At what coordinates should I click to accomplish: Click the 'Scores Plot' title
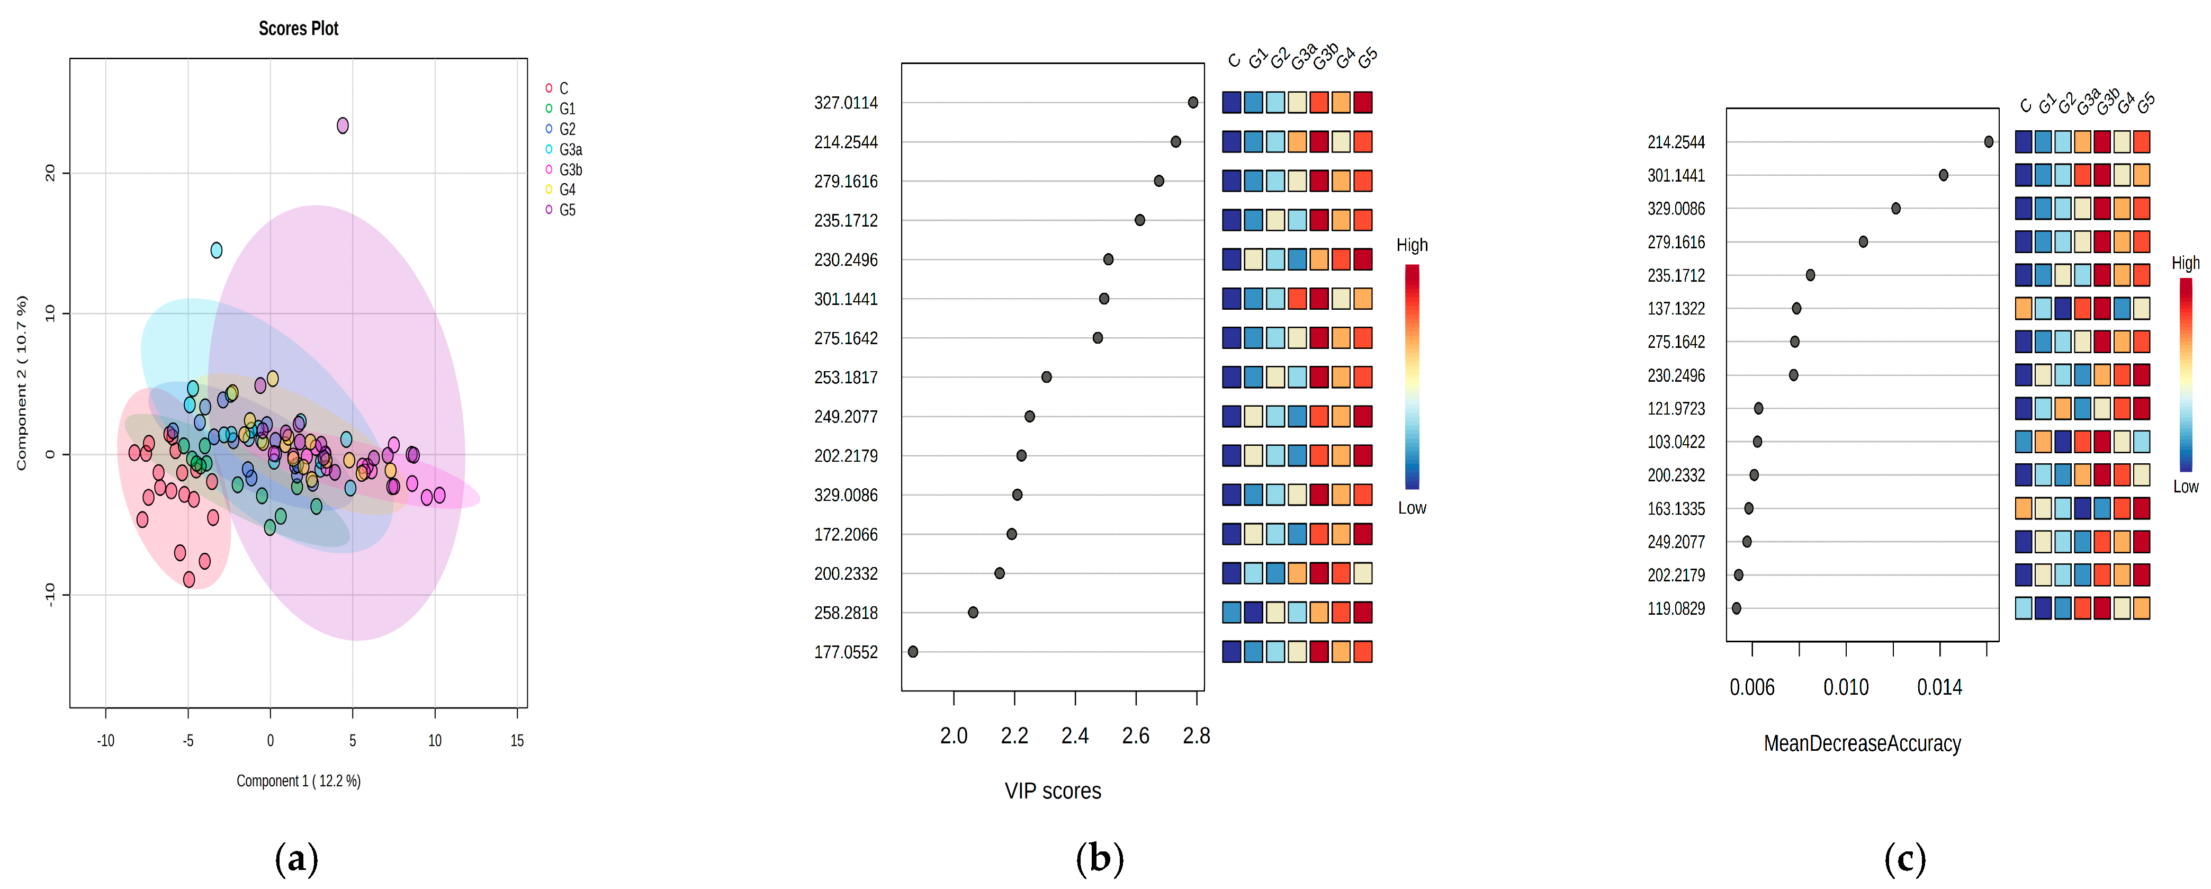tap(298, 28)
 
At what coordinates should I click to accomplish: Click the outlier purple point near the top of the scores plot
tap(343, 126)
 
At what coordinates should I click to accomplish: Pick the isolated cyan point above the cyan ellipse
tap(217, 250)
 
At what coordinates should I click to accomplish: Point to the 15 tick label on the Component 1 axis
tap(517, 741)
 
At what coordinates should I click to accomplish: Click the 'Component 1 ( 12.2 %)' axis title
tap(299, 781)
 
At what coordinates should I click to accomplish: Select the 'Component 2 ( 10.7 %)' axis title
tap(22, 383)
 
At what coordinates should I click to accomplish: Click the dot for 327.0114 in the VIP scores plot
tap(1192, 103)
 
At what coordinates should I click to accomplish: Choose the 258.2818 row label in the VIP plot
tap(846, 613)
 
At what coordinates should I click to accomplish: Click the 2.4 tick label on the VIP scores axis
tap(1075, 735)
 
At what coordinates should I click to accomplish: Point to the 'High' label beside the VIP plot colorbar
tap(1412, 246)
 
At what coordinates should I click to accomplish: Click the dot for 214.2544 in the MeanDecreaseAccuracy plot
tap(1988, 141)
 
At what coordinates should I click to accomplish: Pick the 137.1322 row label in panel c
tap(1675, 308)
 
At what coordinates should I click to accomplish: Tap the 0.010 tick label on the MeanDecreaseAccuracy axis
tap(1845, 687)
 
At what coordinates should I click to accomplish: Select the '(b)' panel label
tap(1100, 858)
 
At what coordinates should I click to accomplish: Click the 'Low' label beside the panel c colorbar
tap(2185, 487)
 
